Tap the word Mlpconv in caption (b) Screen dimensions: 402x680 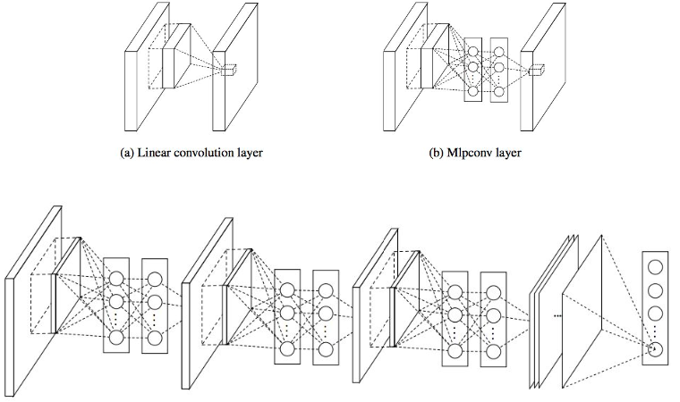(464, 152)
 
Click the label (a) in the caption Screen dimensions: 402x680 (127, 152)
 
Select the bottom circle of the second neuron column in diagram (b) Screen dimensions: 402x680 (498, 90)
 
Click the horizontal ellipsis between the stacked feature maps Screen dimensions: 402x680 (557, 316)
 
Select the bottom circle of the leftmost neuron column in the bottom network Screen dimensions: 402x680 (115, 338)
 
